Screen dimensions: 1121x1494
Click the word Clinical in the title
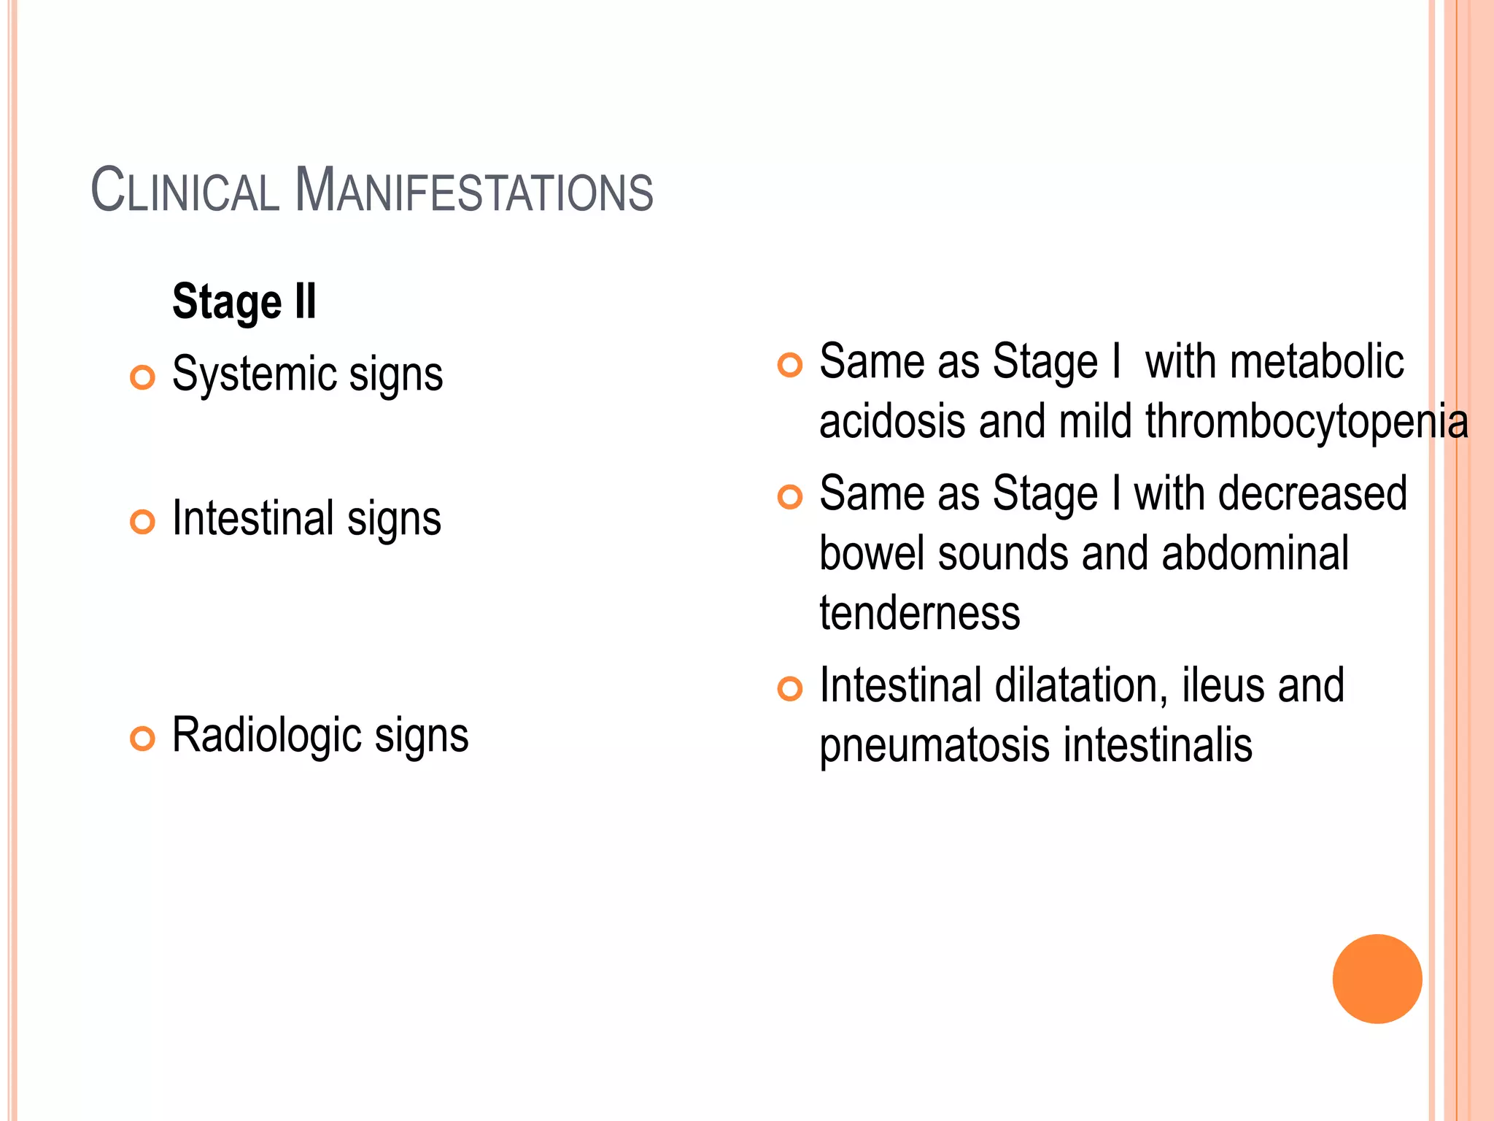point(185,190)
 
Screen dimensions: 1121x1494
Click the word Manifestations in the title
point(473,190)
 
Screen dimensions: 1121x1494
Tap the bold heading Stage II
point(244,301)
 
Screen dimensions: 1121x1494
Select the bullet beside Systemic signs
point(143,377)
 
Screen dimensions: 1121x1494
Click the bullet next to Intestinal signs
point(143,522)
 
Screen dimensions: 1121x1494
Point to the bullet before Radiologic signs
point(143,739)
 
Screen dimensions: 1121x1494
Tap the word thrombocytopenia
point(1307,422)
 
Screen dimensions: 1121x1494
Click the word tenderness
point(919,613)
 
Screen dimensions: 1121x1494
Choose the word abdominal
point(1255,554)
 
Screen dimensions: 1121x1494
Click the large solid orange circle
point(1377,979)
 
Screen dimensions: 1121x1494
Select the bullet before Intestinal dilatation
point(790,688)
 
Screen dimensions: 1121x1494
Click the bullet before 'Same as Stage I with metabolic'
point(790,364)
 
